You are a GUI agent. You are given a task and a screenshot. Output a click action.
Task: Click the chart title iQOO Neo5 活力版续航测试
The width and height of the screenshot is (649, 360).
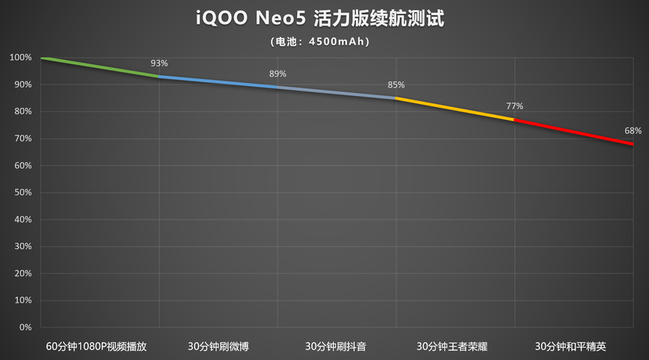click(x=324, y=19)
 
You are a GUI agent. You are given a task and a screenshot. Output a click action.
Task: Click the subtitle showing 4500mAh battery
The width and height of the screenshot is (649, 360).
click(x=324, y=42)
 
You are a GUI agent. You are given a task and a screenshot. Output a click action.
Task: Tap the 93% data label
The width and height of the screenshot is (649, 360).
click(x=159, y=63)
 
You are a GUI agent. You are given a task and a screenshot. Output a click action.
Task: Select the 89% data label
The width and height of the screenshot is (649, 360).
click(x=278, y=74)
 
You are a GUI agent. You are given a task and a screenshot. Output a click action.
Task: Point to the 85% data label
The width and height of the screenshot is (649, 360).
click(x=396, y=84)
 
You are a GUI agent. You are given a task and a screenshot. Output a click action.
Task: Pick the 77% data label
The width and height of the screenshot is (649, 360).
click(x=514, y=106)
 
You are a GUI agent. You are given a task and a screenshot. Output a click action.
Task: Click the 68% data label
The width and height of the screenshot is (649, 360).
click(x=632, y=131)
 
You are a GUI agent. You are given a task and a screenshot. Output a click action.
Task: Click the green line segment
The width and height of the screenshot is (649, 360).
click(x=101, y=66)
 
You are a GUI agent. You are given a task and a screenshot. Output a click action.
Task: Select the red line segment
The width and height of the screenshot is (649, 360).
click(x=573, y=132)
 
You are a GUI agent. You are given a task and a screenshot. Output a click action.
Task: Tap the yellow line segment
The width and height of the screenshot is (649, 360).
click(x=454, y=108)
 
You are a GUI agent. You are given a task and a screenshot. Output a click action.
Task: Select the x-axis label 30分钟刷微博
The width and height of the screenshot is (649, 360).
click(x=218, y=346)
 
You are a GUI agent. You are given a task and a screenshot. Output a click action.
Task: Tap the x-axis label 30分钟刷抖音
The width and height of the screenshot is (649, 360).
click(x=336, y=346)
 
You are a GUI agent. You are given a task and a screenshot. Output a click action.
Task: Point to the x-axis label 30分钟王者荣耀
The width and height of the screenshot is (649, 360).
click(x=455, y=346)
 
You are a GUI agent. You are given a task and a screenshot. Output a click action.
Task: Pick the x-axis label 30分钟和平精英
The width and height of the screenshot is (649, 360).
click(x=573, y=346)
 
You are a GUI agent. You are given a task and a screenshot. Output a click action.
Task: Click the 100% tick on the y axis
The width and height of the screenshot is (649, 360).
click(x=21, y=58)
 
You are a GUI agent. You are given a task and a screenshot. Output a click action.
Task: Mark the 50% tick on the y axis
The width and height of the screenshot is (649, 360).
click(x=22, y=193)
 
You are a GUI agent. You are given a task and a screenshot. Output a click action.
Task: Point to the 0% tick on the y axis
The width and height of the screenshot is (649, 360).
click(x=25, y=328)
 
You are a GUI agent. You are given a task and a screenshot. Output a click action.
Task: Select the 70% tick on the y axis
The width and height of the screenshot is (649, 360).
click(x=22, y=139)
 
